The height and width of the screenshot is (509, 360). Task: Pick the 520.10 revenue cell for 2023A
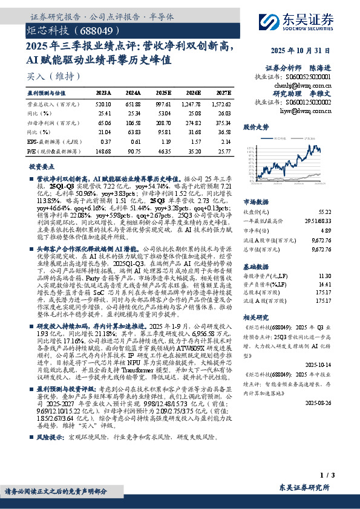103,104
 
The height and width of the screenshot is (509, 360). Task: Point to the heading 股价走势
255,128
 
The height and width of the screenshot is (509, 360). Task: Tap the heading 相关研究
255,317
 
